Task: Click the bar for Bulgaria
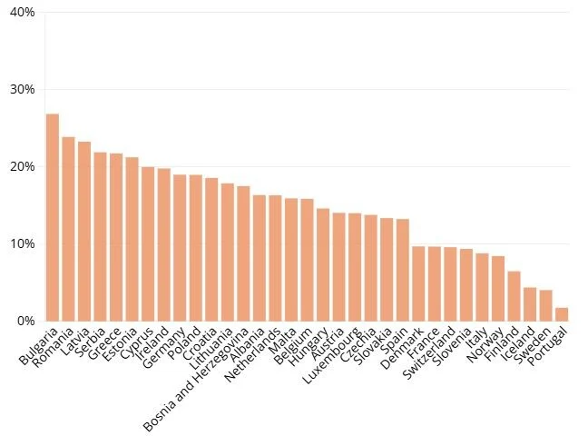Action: pos(53,218)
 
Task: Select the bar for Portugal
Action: pos(562,314)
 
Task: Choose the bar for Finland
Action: pos(514,296)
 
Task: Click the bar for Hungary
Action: pos(322,264)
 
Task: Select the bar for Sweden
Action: pos(545,305)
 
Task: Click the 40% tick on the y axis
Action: pos(22,13)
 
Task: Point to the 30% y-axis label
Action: pos(22,90)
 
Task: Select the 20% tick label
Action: pos(22,167)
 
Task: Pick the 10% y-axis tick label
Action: pos(22,244)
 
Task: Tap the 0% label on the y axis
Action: pos(25,322)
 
